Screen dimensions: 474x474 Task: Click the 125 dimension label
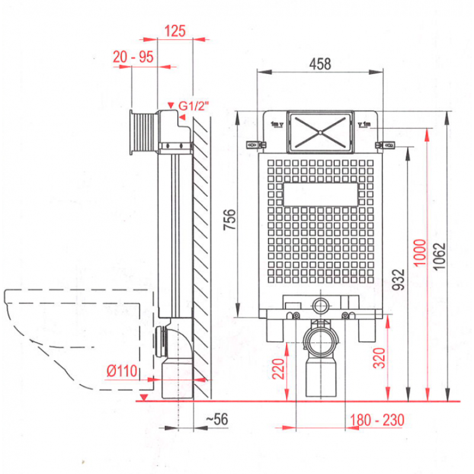[x=175, y=31]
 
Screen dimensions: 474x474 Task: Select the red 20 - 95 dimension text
[x=133, y=57]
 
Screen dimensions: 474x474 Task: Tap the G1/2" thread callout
[x=194, y=106]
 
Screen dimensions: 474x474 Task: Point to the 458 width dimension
[x=320, y=64]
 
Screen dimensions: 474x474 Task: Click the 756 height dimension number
[x=230, y=220]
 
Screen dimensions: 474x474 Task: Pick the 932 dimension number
[x=398, y=280]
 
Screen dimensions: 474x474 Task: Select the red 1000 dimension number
[x=420, y=253]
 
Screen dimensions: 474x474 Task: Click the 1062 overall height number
[x=439, y=256]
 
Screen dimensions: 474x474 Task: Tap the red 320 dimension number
[x=379, y=358]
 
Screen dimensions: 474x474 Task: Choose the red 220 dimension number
[x=278, y=369]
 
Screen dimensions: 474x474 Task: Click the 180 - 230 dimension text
[x=377, y=420]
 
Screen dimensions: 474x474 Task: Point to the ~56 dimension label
[x=217, y=419]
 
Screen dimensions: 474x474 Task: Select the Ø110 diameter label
[x=122, y=371]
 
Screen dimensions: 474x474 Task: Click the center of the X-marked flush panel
[x=320, y=132]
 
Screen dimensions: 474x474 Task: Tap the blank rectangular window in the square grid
[x=321, y=194]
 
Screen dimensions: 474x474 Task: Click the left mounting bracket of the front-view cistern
[x=256, y=145]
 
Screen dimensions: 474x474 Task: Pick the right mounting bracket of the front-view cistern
[x=385, y=145]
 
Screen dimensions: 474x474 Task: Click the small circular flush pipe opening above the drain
[x=321, y=306]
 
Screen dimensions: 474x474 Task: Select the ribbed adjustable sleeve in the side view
[x=145, y=132]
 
